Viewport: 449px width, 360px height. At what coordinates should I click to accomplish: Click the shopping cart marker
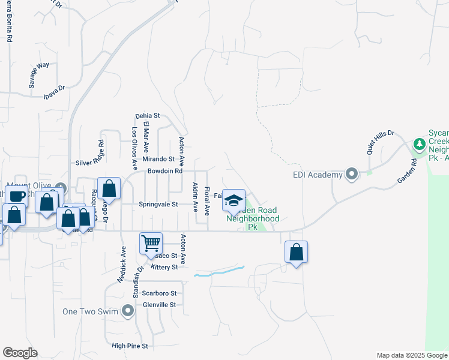[151, 244]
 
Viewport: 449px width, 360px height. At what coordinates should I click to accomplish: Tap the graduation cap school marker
[234, 200]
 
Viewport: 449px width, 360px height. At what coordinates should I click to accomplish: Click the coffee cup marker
[17, 196]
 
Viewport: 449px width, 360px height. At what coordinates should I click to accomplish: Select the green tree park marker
[419, 144]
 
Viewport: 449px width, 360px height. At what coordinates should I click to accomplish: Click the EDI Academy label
[318, 175]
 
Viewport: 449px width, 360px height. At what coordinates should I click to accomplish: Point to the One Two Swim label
[91, 311]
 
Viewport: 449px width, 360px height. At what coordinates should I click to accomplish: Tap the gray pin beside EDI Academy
[352, 175]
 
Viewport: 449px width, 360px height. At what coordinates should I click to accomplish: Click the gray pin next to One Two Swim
[127, 311]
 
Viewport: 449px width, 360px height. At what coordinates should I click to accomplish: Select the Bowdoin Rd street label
[164, 171]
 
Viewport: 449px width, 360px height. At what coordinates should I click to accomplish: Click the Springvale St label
[158, 204]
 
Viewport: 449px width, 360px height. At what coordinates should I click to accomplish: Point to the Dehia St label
[148, 115]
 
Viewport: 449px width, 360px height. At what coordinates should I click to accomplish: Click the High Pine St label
[130, 346]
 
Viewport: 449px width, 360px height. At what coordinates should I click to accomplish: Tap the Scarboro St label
[159, 293]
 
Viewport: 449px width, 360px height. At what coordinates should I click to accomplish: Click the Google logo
[20, 353]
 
